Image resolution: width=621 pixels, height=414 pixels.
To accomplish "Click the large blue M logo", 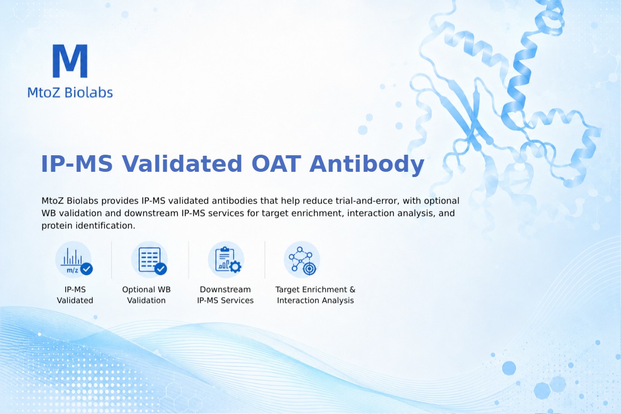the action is pos(70,61).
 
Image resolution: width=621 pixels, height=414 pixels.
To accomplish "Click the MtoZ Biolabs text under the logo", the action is pos(70,92).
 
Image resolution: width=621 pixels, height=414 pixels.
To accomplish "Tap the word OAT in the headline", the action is pos(276,164).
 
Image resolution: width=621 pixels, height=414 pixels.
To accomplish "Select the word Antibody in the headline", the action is pos(367,164).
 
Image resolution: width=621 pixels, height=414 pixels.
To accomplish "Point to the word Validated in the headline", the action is pos(182,164).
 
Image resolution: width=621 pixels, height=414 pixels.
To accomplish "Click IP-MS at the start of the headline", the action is pos(77,164).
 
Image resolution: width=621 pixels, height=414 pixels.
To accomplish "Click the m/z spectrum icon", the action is pos(73,260).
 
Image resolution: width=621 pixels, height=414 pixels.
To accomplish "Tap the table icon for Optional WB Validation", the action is pos(150,260).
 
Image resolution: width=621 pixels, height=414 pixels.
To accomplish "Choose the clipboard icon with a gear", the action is pos(226,260).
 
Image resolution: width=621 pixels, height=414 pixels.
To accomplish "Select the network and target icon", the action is pos(302,260).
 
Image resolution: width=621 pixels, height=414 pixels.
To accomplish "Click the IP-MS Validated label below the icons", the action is pos(75,295).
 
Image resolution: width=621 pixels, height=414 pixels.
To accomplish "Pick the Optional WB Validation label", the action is pos(146,295).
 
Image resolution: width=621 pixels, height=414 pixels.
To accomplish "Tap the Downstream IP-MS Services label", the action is pos(226,295).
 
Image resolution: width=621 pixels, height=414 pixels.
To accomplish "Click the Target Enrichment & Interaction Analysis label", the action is pos(316,295).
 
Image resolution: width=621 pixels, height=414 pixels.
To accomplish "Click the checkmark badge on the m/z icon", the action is pos(86,269).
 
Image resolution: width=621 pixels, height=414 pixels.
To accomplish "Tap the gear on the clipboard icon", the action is pos(235,267).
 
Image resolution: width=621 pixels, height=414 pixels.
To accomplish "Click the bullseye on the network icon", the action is pos(309,269).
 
